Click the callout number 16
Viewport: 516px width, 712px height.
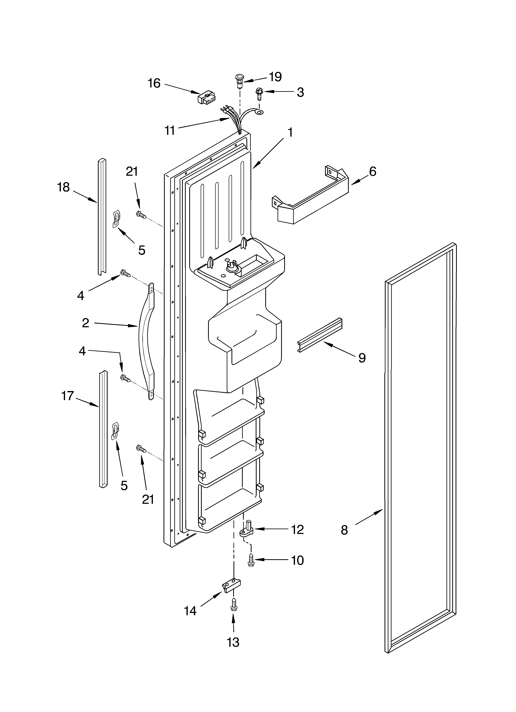click(x=154, y=83)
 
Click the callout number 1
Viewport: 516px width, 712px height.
click(x=290, y=132)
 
